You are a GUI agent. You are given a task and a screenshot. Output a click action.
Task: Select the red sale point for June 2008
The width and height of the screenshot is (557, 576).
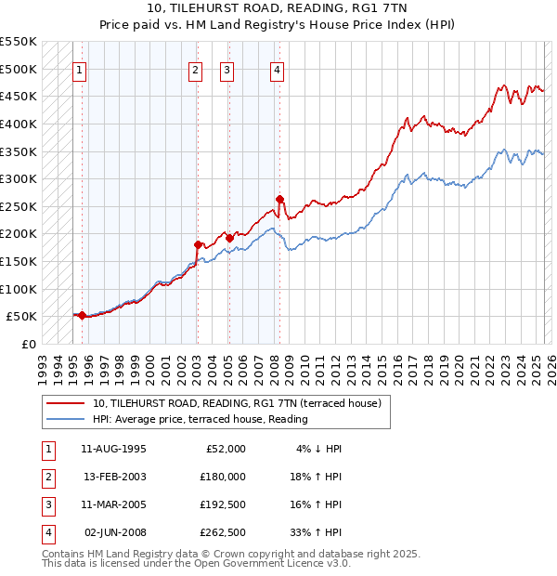(x=279, y=199)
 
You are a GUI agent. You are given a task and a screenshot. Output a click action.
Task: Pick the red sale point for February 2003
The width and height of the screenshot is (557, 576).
(x=198, y=244)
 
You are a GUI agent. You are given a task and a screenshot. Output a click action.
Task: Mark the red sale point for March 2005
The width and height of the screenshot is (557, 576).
(x=229, y=238)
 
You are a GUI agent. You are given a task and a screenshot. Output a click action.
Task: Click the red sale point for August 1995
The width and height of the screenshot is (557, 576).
(x=82, y=315)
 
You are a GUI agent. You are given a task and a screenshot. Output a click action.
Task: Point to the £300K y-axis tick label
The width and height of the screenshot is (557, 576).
(x=19, y=178)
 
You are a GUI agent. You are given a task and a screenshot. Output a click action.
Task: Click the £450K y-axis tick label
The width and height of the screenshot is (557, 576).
(x=19, y=96)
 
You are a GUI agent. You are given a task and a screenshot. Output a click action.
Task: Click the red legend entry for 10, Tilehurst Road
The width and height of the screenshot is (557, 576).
(x=241, y=403)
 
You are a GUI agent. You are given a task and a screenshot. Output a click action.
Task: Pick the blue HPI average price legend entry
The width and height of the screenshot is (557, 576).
(x=200, y=419)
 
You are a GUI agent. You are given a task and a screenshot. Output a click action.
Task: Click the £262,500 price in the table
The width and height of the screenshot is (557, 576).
(x=223, y=532)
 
